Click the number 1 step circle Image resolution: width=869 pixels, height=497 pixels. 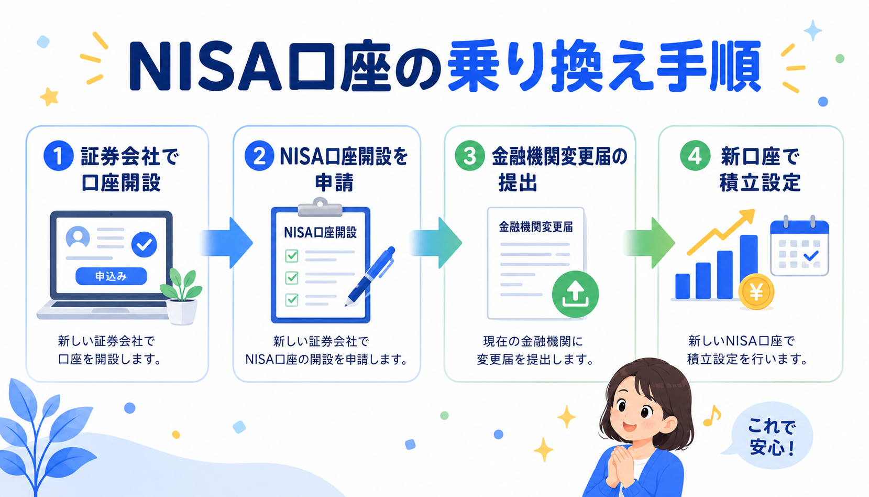[59, 156]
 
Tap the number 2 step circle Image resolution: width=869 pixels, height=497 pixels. [259, 156]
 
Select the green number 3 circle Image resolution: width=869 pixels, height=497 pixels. [469, 156]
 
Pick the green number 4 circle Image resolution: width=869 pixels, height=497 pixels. [695, 156]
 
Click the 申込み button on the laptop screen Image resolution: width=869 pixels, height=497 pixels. [111, 276]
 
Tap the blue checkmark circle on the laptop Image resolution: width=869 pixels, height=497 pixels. [144, 244]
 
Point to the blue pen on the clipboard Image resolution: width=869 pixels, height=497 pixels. [370, 276]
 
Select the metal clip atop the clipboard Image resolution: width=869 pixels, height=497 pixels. [320, 208]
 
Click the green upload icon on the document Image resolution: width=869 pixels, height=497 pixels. [575, 294]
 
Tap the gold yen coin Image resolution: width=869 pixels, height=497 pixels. [756, 291]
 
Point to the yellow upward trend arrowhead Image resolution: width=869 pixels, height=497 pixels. [747, 215]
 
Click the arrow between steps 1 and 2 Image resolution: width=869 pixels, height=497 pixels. [227, 243]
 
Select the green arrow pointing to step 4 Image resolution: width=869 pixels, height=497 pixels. [648, 243]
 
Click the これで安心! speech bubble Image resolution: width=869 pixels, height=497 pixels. [770, 436]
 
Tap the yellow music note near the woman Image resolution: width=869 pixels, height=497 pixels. [712, 416]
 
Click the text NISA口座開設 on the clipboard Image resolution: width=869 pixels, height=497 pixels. [320, 233]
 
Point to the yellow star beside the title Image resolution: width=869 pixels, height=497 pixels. [49, 96]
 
